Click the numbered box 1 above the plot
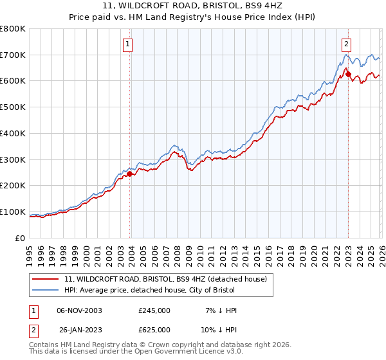pyautogui.click(x=128, y=44)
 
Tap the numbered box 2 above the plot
pyautogui.click(x=346, y=44)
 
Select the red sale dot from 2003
pyautogui.click(x=130, y=174)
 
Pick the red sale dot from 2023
pyautogui.click(x=349, y=75)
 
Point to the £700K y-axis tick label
pyautogui.click(x=13, y=55)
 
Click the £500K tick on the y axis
pyautogui.click(x=13, y=107)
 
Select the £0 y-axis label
pyautogui.click(x=21, y=239)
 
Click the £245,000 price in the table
pyautogui.click(x=154, y=310)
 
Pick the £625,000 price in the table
pyautogui.click(x=154, y=330)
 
